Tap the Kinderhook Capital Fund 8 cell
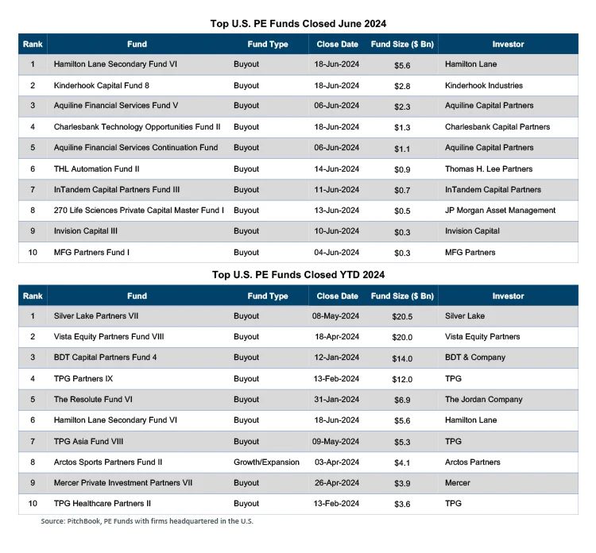[x=99, y=85]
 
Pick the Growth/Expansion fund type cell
[x=266, y=462]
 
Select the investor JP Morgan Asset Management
[x=500, y=211]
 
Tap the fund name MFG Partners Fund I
[x=91, y=252]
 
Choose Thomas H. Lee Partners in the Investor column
[x=489, y=168]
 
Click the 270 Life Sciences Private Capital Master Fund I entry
[x=138, y=211]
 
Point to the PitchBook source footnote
[x=147, y=521]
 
